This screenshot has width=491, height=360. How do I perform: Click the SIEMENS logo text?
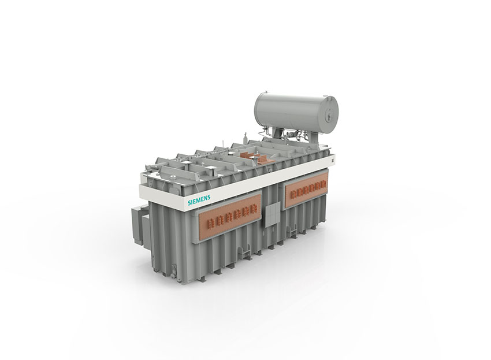[199, 200]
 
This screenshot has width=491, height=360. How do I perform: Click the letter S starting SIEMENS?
[189, 203]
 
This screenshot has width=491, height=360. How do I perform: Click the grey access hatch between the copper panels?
[273, 214]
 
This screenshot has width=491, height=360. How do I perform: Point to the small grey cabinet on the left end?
[140, 225]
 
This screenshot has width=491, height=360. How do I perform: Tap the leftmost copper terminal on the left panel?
[210, 223]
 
